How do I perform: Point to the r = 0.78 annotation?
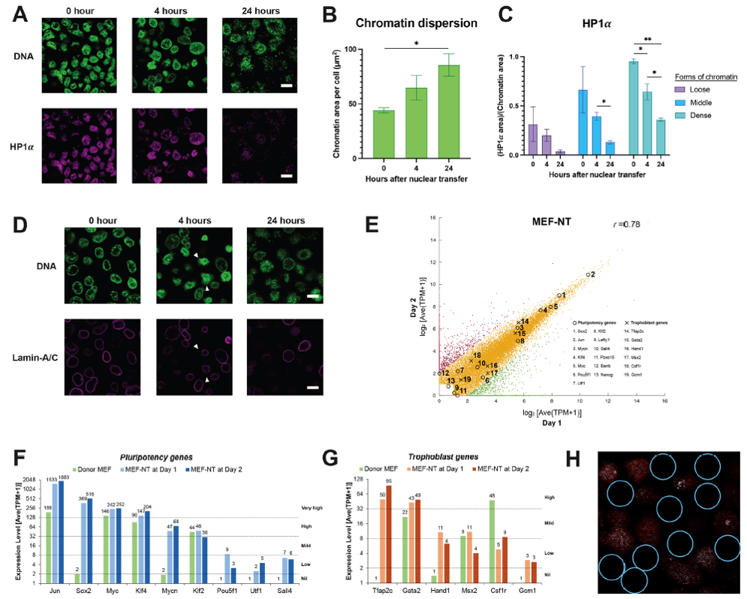click(x=628, y=224)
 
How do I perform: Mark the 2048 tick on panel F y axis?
click(x=33, y=479)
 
